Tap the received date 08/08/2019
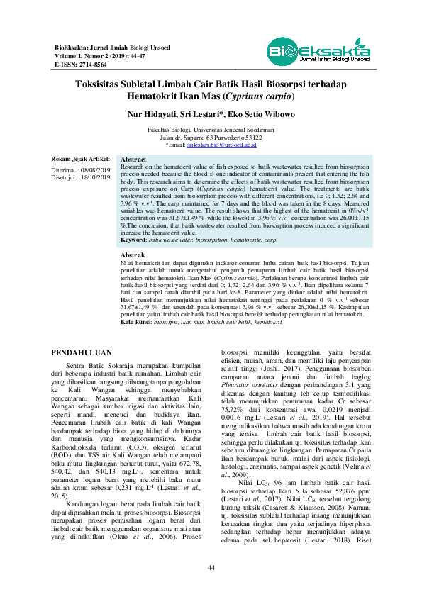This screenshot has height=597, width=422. pos(97,171)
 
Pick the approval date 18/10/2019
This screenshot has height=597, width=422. pos(97,178)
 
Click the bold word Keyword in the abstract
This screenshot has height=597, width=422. pos(133,242)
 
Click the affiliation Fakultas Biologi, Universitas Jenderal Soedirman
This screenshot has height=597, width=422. pos(211,130)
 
